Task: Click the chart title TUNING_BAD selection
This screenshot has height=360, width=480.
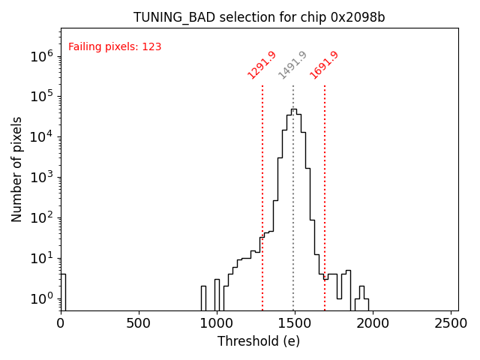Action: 259,17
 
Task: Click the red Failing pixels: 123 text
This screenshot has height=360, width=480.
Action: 115,47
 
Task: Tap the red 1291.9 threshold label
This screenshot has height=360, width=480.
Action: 262,64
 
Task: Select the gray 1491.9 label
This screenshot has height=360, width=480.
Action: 292,64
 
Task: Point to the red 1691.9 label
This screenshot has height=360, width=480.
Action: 324,64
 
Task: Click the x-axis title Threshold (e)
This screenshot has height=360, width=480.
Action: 259,341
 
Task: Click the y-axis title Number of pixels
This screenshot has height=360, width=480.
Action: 17,169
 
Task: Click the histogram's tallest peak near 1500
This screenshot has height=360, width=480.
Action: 293,110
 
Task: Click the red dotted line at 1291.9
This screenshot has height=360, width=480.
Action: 262,187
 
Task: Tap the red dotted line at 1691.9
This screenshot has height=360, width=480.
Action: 325,187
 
